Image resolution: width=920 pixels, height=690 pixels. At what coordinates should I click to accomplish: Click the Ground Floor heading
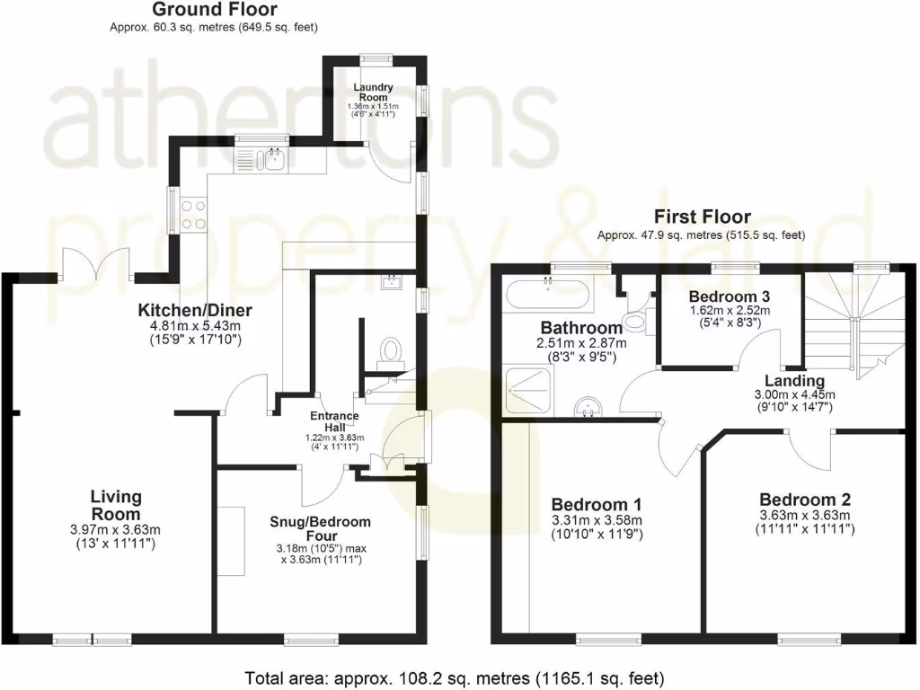pos(214,10)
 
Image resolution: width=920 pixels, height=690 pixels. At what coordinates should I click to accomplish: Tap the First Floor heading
pos(702,217)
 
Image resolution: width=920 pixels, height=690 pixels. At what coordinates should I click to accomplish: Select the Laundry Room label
pos(373,92)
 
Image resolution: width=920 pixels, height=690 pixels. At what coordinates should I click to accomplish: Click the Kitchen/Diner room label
pos(195,311)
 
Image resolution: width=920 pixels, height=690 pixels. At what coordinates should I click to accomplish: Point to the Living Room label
pos(116,505)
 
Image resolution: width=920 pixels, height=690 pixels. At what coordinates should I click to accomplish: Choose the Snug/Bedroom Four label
pos(320,529)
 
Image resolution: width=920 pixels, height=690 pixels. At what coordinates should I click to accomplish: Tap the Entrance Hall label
pos(334,421)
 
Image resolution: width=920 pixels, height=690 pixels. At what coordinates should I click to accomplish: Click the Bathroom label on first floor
pos(581,328)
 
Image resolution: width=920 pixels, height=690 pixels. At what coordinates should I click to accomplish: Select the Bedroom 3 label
pos(729,296)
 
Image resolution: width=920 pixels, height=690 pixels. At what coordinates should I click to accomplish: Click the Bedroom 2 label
pos(804,500)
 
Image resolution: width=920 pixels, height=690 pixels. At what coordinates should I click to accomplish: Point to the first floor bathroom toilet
pos(637,317)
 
